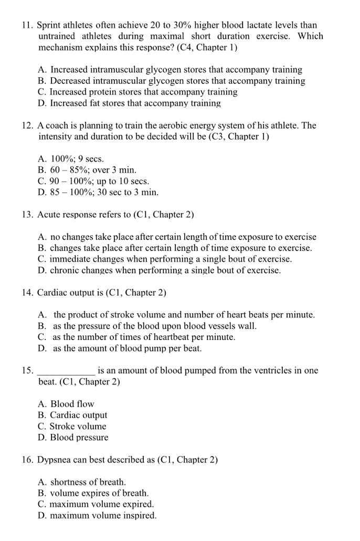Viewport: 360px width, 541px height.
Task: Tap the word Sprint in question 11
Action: (51, 25)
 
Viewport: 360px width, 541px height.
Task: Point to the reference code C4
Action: (187, 48)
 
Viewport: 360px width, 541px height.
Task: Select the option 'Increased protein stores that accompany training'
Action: (143, 92)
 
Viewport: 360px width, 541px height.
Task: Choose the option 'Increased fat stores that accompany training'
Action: (135, 103)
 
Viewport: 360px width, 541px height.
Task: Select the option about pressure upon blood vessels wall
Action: (155, 326)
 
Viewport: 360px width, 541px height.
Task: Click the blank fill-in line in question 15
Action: (67, 370)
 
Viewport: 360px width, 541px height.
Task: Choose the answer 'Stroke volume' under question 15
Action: (78, 427)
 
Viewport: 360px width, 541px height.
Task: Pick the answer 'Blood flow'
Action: (72, 404)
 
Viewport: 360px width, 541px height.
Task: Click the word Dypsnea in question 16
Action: (54, 460)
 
